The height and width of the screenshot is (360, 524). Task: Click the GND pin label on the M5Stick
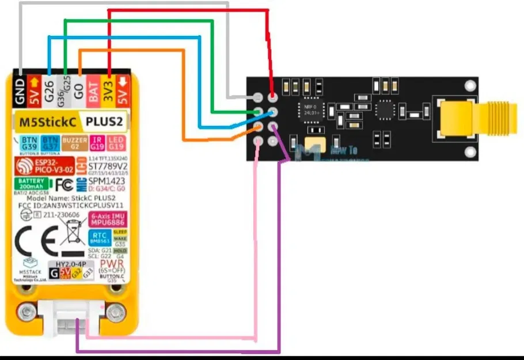click(x=20, y=91)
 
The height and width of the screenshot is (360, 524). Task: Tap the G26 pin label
click(x=50, y=90)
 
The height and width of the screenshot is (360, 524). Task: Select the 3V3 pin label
click(x=107, y=90)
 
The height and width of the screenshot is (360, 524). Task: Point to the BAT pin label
click(x=93, y=90)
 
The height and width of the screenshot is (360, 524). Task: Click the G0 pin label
click(x=79, y=90)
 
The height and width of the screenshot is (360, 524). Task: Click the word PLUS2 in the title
click(x=105, y=122)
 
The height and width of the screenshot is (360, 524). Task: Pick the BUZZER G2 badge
click(x=74, y=143)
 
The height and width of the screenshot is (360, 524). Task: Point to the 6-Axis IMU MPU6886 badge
click(x=107, y=219)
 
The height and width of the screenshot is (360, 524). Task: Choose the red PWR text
click(x=108, y=264)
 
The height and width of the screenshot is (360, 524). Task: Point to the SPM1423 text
click(x=107, y=181)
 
